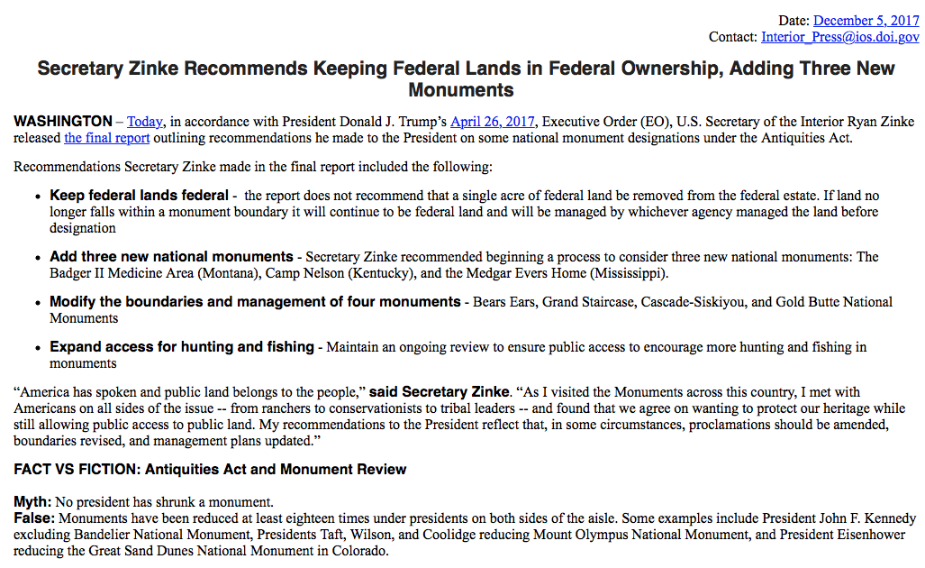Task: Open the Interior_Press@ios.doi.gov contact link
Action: [x=839, y=37]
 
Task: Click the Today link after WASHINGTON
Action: [x=145, y=122]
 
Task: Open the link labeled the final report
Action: [x=106, y=138]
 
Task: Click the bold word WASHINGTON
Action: [x=63, y=122]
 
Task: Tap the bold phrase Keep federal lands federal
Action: [x=139, y=196]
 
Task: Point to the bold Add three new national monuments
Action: [x=171, y=257]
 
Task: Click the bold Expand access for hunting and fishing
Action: [x=182, y=347]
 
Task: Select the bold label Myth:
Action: [x=32, y=501]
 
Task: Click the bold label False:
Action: [x=34, y=518]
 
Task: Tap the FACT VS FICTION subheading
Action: [x=210, y=470]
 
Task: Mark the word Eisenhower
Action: [x=872, y=535]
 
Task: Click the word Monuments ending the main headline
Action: [x=461, y=90]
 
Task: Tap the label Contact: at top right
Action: [x=733, y=37]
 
